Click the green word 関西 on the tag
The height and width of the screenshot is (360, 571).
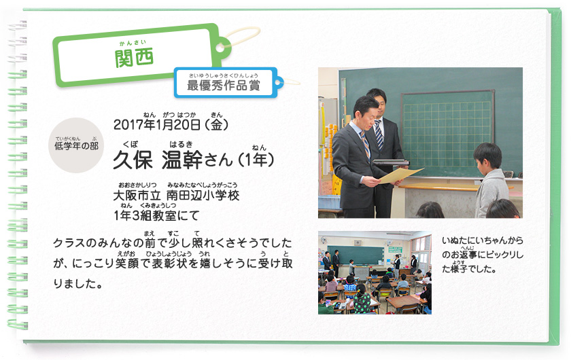pos(134,58)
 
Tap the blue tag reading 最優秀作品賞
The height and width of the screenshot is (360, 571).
pos(226,83)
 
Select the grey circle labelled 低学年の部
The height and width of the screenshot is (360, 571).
pos(76,145)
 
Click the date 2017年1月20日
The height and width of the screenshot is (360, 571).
pos(157,125)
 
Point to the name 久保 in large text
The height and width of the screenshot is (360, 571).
pos(133,160)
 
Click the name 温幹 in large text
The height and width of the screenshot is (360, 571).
pos(181,160)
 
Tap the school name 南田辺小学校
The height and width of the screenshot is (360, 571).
pos(203,196)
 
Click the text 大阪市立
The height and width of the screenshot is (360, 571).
pos(137,196)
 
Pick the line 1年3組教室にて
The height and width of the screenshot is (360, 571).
pos(156,215)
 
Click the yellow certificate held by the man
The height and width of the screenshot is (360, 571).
pos(400,175)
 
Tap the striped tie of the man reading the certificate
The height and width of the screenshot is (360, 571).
pos(365,145)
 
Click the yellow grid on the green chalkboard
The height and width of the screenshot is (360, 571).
pos(447,128)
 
